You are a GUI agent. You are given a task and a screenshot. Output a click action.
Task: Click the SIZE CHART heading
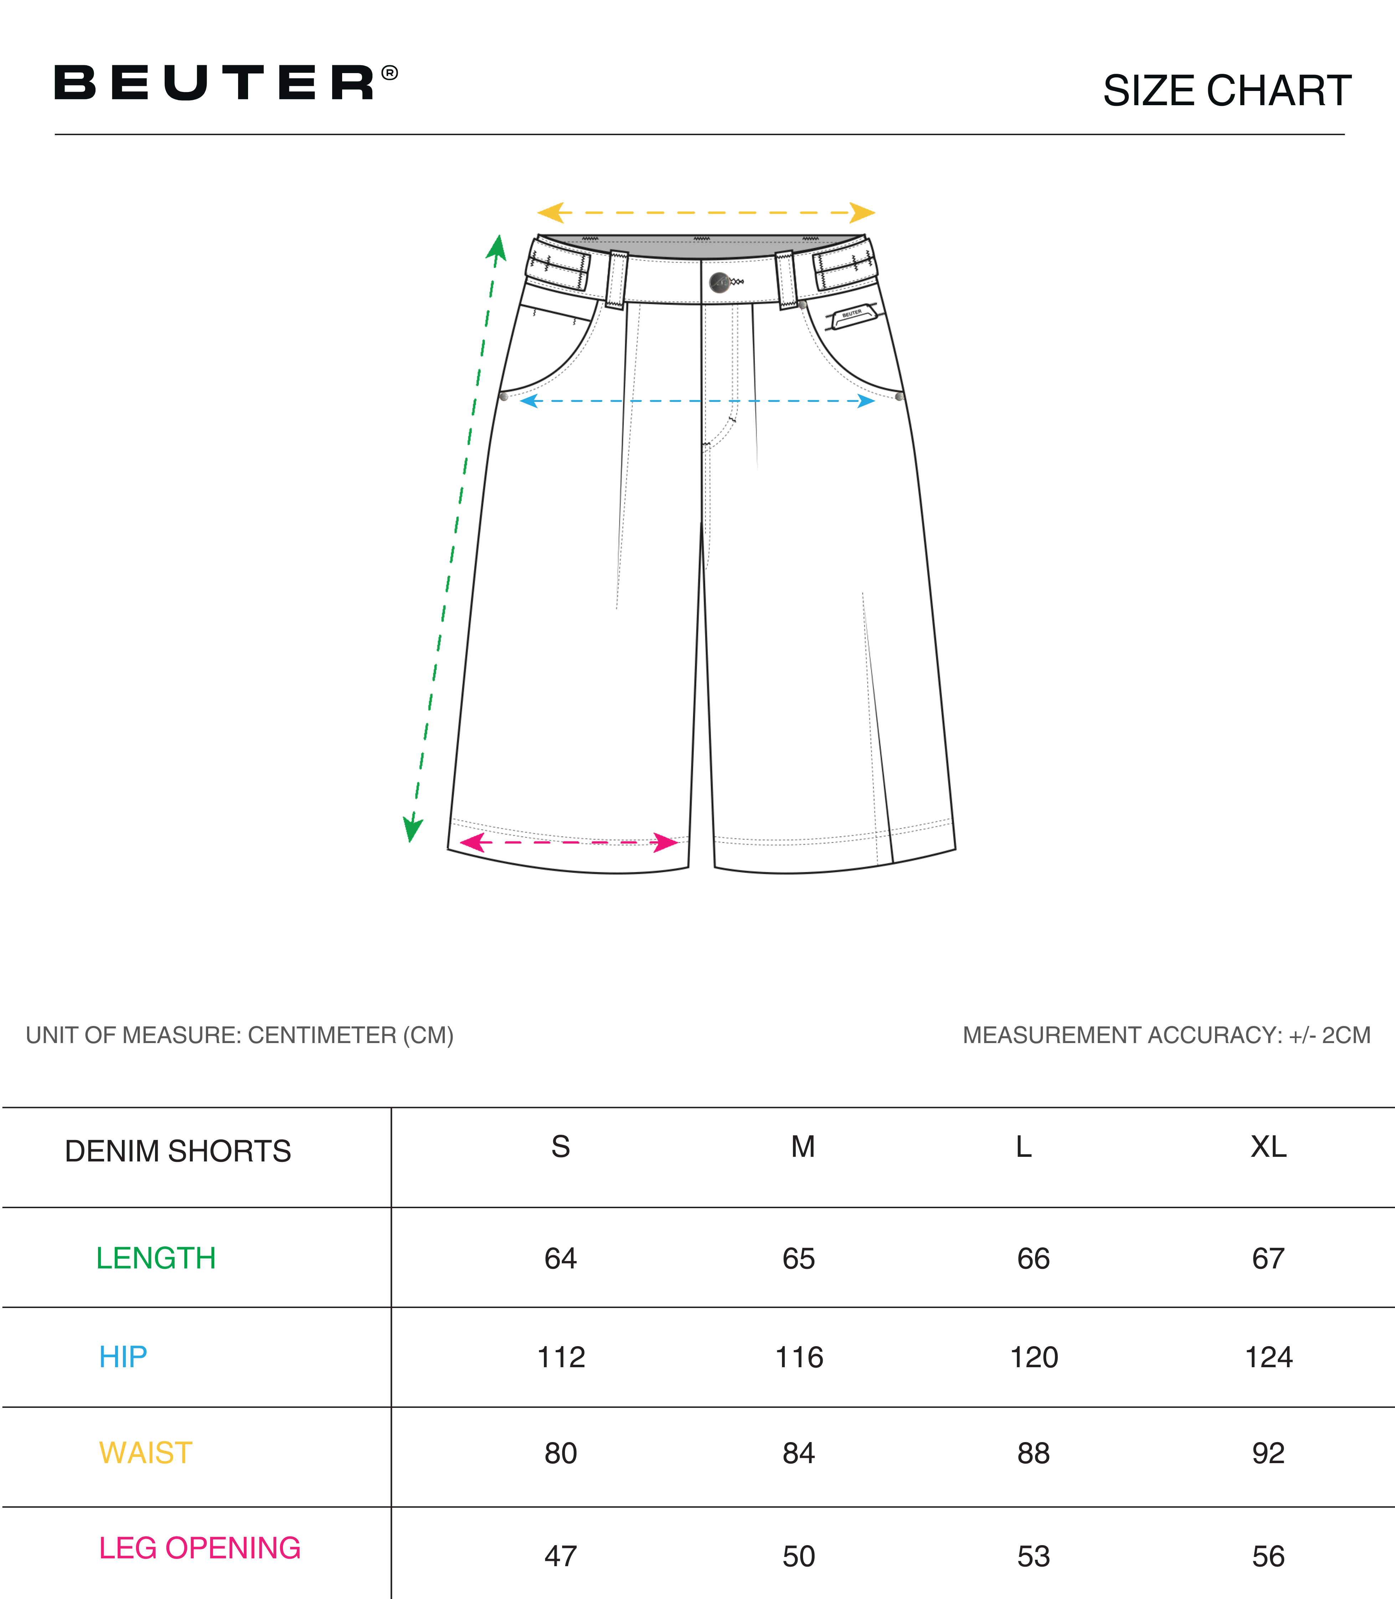[x=1227, y=91]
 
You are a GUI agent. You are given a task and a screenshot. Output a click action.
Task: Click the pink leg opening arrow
[x=569, y=842]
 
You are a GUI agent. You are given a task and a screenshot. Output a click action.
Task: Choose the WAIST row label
[x=145, y=1454]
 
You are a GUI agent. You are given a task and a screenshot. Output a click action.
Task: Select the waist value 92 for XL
[x=1268, y=1454]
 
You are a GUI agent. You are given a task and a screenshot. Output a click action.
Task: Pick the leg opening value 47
[x=561, y=1556]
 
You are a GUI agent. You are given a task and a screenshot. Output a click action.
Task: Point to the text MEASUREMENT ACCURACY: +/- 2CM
[x=1166, y=1035]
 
